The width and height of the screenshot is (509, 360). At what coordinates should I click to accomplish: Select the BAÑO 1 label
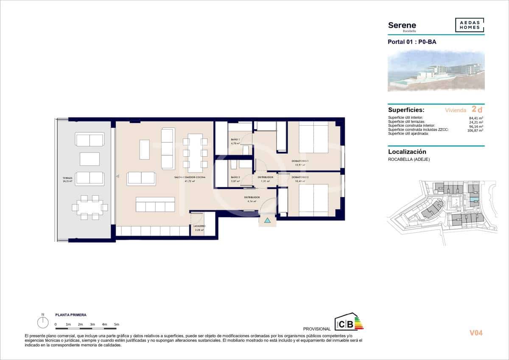[x=235, y=140]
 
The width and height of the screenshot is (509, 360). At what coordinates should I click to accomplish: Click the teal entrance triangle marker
[x=267, y=220]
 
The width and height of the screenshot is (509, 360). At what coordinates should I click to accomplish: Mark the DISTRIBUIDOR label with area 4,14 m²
[x=252, y=197]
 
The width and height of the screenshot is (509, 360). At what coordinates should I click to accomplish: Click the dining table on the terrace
[x=89, y=207]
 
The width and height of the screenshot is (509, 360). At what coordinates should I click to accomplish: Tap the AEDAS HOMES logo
[x=470, y=25]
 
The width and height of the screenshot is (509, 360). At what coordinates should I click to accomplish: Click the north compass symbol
[x=42, y=323]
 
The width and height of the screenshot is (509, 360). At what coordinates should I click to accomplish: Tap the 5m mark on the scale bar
[x=116, y=324]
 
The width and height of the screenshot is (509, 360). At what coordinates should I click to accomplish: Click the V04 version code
[x=476, y=333]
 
